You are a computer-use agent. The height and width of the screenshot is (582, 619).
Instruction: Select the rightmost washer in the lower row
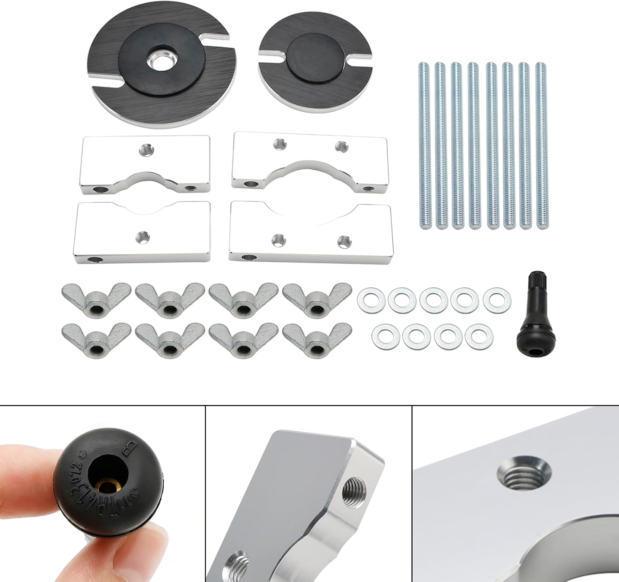(479, 337)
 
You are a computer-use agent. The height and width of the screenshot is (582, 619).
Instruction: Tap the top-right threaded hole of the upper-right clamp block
(340, 146)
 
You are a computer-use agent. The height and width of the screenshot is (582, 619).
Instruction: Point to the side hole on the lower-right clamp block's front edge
(249, 258)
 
